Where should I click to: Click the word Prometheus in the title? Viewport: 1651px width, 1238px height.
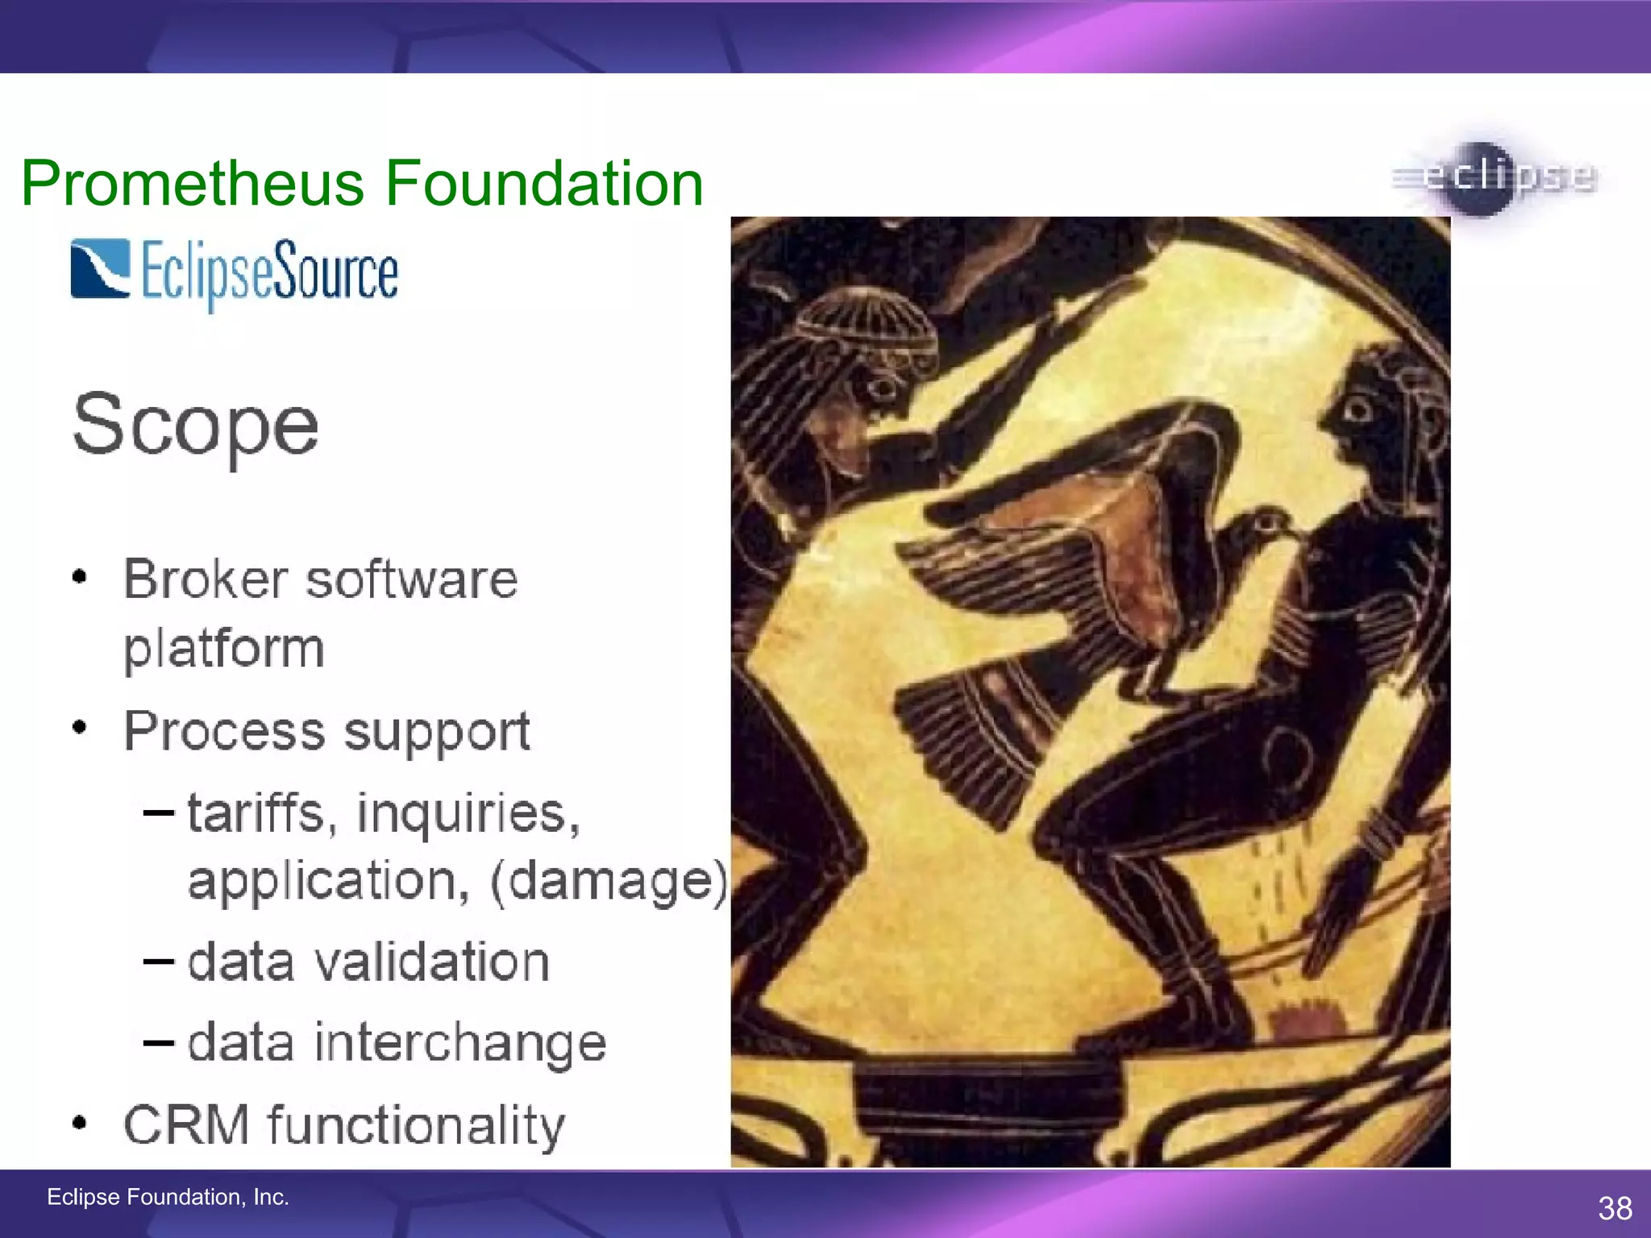click(x=193, y=184)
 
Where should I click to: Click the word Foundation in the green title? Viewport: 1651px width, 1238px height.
click(x=544, y=184)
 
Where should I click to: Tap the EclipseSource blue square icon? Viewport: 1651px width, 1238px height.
click(x=100, y=268)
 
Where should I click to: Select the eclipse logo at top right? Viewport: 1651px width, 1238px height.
click(x=1493, y=177)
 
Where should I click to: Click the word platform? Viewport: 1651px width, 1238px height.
click(x=223, y=649)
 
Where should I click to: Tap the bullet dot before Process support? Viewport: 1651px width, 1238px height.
click(x=79, y=728)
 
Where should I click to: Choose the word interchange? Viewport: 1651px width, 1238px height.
click(x=460, y=1042)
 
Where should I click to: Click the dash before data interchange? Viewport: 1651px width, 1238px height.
click(x=158, y=1043)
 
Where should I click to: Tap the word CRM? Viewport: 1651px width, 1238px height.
click(x=185, y=1124)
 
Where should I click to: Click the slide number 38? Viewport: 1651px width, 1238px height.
click(x=1615, y=1208)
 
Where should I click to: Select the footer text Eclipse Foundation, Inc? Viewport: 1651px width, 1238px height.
click(x=168, y=1197)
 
